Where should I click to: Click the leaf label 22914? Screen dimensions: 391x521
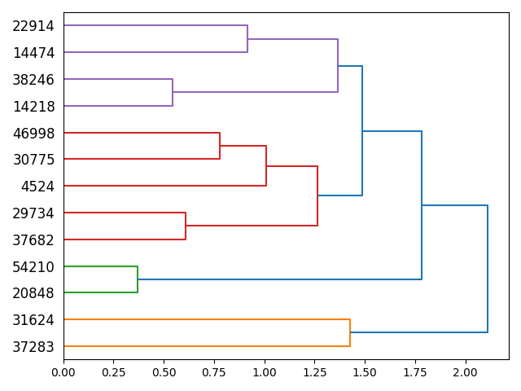point(33,26)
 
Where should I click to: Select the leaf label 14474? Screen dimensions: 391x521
point(33,53)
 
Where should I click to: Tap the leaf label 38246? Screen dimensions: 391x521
point(33,80)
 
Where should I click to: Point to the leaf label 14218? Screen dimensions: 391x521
point(33,107)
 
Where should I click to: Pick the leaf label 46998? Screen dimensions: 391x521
point(33,133)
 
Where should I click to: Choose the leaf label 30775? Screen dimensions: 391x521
point(33,160)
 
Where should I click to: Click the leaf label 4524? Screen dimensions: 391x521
point(37,187)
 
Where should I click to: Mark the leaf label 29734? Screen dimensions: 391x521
point(33,213)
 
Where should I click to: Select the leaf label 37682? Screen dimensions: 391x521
point(33,240)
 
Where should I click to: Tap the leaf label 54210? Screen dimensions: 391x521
point(33,266)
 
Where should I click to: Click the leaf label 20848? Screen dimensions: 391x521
point(33,293)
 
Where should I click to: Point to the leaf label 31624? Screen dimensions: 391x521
point(33,320)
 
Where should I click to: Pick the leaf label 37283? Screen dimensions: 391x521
point(33,347)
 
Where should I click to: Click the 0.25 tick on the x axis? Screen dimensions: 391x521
point(113,371)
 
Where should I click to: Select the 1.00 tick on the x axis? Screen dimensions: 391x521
point(265,371)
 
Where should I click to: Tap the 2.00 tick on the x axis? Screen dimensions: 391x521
point(466,371)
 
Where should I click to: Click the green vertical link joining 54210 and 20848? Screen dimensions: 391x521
point(138,279)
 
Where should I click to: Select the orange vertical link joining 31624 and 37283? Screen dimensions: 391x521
point(350,333)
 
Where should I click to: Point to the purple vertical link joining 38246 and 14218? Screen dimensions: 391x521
point(173,93)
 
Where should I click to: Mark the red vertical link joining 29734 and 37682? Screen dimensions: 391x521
point(186,226)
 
